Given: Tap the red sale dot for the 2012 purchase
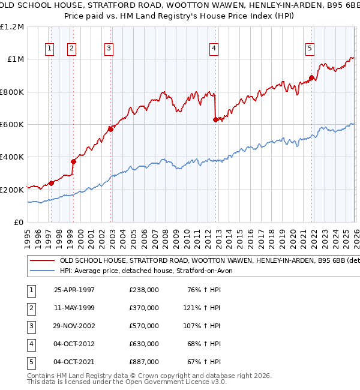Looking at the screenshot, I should [215, 119].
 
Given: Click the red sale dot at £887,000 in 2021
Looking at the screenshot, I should [311, 77].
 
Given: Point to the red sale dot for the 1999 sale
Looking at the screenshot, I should [73, 161].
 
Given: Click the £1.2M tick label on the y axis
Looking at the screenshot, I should [12, 27].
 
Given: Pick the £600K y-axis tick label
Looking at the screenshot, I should [13, 125].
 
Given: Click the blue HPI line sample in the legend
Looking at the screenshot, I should [42, 271].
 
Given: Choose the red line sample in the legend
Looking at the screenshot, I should [42, 261].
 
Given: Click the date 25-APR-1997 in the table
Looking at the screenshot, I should [74, 290].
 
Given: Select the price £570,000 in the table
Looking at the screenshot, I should [144, 326].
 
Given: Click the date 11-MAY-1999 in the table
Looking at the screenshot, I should [74, 308].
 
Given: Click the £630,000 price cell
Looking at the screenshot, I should [144, 344].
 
